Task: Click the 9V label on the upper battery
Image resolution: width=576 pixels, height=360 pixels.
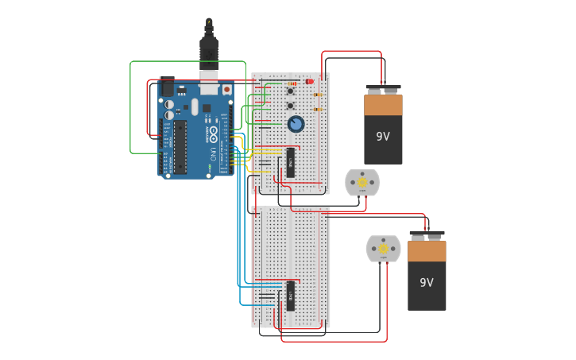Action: click(383, 136)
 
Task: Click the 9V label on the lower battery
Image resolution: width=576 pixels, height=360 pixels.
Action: click(427, 282)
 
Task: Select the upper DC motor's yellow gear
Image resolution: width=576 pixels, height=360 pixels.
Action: click(361, 183)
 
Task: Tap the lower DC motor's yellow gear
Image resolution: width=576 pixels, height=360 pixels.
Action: click(383, 249)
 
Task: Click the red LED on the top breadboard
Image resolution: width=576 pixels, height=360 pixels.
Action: click(309, 81)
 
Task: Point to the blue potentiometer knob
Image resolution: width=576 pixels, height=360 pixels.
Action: click(296, 124)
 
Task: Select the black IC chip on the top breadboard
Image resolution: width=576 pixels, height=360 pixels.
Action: click(291, 162)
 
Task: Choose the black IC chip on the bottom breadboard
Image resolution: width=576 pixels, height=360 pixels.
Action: click(291, 296)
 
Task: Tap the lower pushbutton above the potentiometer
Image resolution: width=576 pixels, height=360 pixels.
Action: click(290, 106)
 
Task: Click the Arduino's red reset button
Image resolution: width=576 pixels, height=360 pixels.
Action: click(227, 90)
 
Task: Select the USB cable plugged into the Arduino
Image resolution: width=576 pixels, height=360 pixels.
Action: click(209, 52)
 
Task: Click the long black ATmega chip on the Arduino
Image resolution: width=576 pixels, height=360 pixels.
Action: click(180, 147)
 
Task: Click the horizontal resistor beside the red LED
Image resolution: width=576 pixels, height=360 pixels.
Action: click(292, 83)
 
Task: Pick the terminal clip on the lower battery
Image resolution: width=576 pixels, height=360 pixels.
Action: click(427, 235)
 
